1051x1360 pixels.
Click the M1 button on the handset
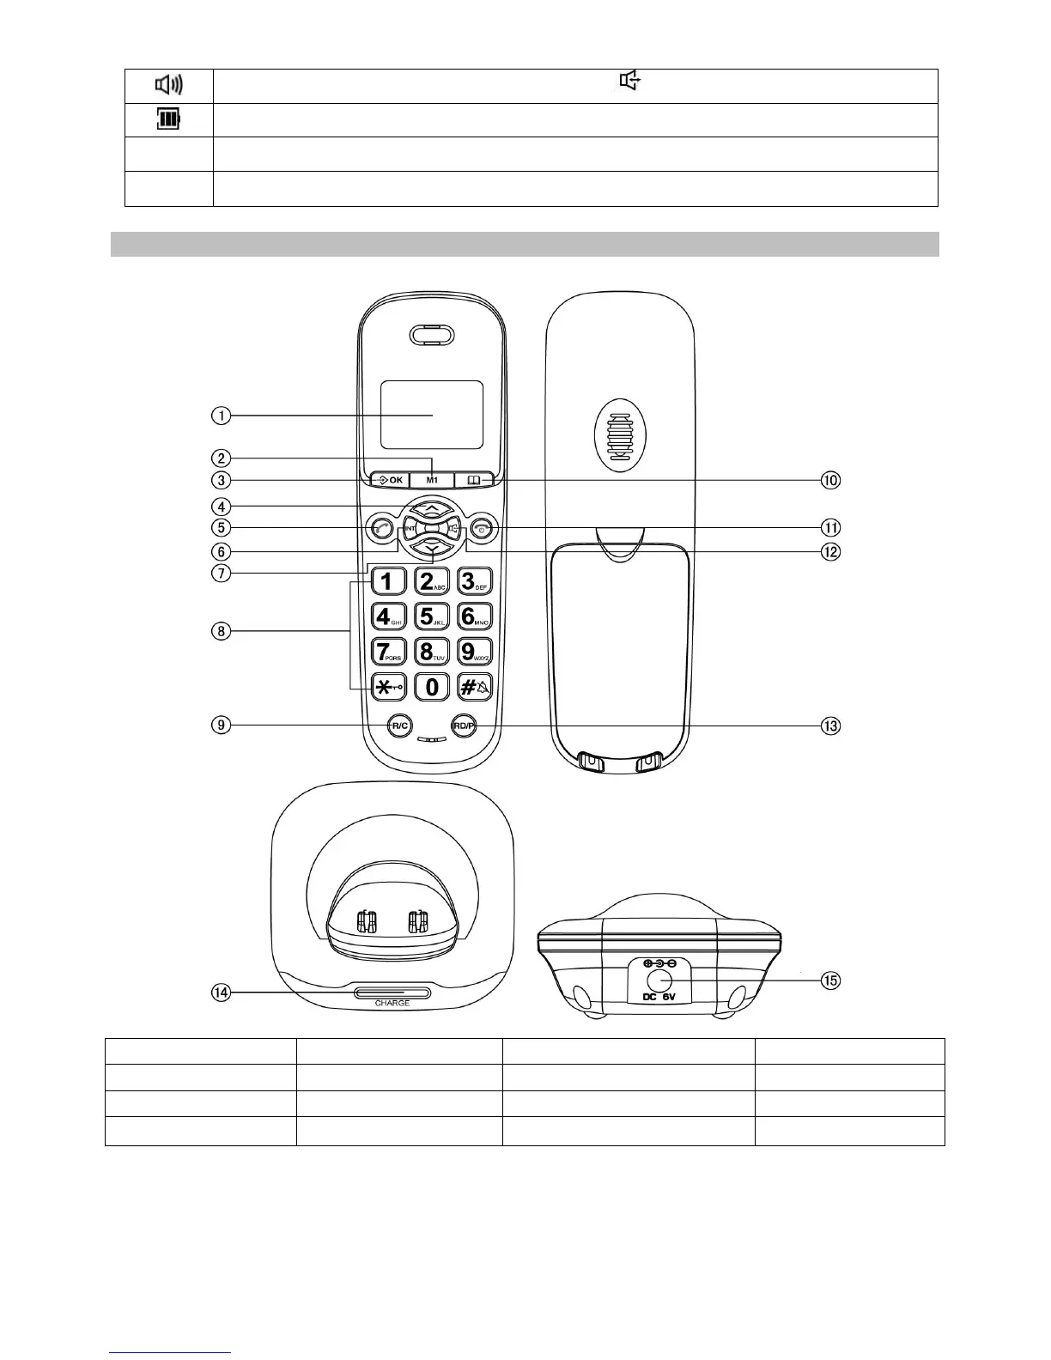click(432, 480)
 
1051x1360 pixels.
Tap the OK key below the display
click(391, 480)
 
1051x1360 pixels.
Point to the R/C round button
click(398, 726)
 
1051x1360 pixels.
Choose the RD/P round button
click(464, 726)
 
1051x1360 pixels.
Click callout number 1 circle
click(222, 416)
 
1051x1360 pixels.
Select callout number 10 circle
click(829, 480)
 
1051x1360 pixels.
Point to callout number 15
click(829, 980)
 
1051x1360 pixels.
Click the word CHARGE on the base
click(392, 1003)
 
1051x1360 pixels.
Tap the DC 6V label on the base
click(659, 997)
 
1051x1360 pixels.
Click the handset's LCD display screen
click(432, 416)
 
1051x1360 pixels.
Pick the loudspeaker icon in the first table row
click(168, 85)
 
